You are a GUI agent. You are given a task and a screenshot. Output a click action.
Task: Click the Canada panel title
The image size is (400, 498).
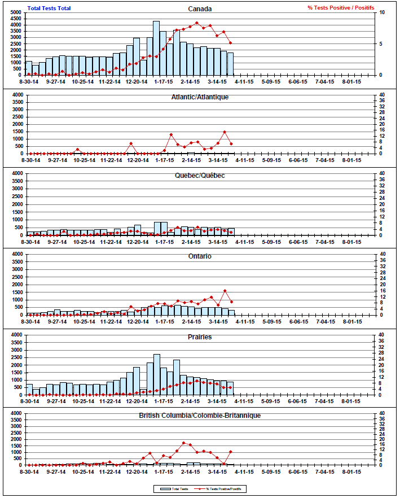(200, 8)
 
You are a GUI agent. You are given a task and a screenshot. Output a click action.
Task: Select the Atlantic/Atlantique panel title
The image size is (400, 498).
(200, 97)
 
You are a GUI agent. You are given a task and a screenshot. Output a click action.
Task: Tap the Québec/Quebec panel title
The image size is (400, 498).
(200, 175)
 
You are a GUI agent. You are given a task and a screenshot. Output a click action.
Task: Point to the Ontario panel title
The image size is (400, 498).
(200, 256)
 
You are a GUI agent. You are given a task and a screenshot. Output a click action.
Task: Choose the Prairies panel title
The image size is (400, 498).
(200, 337)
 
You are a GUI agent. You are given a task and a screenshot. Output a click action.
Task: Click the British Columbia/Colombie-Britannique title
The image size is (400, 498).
(200, 416)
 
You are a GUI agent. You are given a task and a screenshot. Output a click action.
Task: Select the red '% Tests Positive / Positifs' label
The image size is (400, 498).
(340, 8)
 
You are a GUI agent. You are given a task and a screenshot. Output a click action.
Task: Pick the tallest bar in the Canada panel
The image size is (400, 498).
(156, 48)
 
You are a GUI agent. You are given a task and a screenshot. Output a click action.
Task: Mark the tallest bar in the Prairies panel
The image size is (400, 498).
(156, 375)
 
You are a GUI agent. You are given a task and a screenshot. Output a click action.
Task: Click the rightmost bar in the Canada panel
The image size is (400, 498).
(230, 64)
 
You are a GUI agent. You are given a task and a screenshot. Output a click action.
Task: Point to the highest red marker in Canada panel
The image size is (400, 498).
(196, 23)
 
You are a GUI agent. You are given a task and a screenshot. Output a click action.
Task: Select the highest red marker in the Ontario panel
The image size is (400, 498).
(225, 291)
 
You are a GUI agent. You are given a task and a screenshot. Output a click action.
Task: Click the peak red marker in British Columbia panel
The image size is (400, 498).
(183, 443)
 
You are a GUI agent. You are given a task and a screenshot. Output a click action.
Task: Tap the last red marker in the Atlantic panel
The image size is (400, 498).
(231, 144)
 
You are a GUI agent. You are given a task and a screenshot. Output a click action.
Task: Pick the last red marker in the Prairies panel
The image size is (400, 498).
(231, 387)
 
